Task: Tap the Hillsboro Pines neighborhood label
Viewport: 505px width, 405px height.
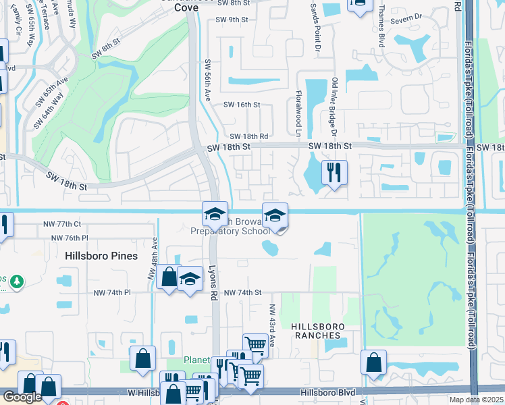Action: tap(101, 256)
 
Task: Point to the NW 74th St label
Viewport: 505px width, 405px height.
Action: tap(242, 292)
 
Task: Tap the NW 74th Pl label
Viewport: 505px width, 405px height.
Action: tap(112, 292)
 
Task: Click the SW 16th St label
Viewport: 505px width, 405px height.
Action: tap(242, 105)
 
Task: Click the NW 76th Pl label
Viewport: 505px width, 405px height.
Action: tap(70, 238)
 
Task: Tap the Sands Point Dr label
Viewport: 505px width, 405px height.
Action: tap(313, 20)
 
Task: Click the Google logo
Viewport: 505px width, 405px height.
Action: tap(22, 397)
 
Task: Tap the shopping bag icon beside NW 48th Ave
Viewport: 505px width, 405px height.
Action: tap(168, 277)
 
